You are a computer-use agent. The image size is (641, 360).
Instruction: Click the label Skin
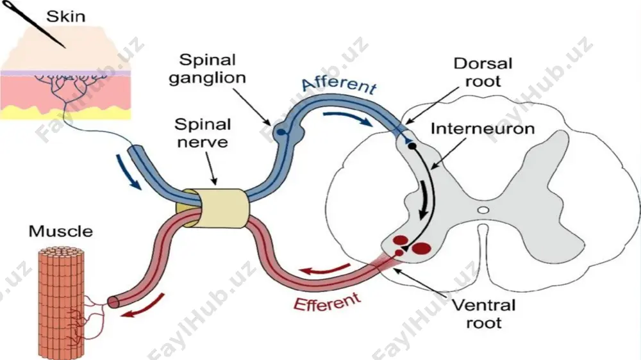point(65,17)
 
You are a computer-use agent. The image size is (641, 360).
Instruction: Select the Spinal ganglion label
point(208,69)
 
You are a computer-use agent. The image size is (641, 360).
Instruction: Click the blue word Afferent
point(339,84)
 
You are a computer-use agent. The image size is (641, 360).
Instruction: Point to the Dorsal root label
point(483,72)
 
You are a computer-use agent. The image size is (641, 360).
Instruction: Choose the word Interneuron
point(483,129)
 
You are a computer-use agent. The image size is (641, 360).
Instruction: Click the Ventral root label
point(484,314)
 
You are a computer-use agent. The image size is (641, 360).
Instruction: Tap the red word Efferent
point(328,303)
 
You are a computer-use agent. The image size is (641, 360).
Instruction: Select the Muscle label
point(61,231)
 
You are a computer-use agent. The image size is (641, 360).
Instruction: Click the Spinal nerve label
point(203,133)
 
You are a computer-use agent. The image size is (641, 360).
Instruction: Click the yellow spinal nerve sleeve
point(213,208)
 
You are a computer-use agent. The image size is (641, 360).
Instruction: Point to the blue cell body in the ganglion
point(281,133)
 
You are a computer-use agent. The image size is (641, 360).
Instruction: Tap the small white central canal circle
point(483,211)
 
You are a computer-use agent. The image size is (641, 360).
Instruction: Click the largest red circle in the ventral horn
point(422,248)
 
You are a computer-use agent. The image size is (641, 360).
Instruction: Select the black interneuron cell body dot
point(412,146)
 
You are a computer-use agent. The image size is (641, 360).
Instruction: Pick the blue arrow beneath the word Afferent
point(347,117)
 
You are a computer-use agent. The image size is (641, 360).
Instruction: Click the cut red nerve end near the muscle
point(113,302)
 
